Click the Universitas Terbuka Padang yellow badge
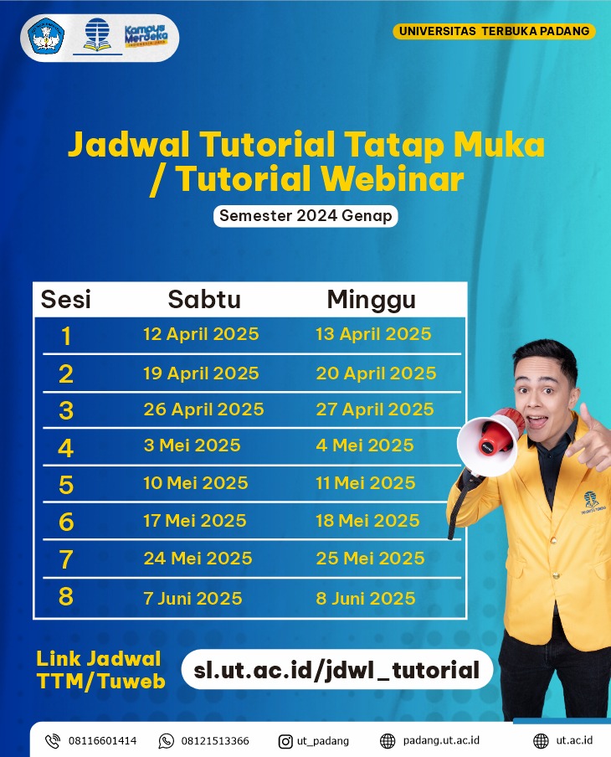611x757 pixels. click(494, 31)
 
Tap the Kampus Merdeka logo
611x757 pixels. click(146, 36)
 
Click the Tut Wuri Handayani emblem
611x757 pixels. click(46, 36)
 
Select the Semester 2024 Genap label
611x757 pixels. click(305, 216)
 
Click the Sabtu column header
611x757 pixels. click(204, 299)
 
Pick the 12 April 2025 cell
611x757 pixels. click(201, 334)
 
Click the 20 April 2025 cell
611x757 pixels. click(376, 373)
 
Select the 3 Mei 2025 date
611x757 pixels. click(192, 445)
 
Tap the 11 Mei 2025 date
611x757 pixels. click(366, 483)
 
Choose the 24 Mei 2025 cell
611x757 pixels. click(198, 559)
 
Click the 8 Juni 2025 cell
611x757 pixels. click(366, 599)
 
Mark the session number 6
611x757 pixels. click(66, 522)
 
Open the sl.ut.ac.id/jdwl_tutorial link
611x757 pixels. click(336, 670)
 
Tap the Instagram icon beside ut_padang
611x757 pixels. click(285, 741)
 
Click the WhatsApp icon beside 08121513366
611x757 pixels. click(166, 741)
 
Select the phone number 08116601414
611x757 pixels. click(102, 741)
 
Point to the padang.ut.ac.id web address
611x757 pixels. click(441, 741)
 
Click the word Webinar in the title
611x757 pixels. click(392, 179)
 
